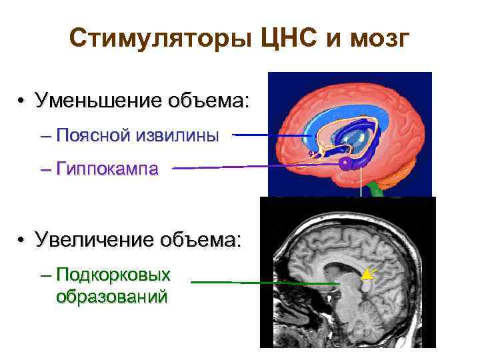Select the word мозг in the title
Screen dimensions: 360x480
pos(381,41)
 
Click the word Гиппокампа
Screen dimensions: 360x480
pos(107,169)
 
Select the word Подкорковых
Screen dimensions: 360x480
pos(114,275)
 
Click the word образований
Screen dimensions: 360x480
pos(111,295)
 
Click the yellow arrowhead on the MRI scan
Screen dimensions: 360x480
pos(367,273)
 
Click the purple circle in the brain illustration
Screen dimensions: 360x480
pos(345,163)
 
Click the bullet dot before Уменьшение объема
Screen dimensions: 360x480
pos(22,103)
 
